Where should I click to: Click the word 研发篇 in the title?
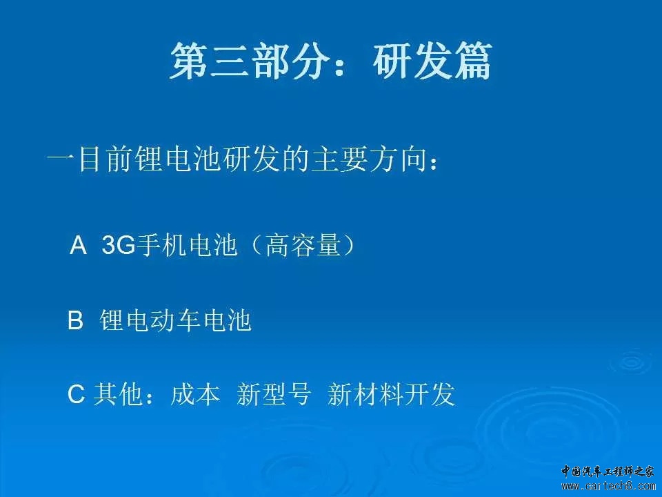coord(432,61)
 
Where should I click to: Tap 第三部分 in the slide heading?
coord(250,61)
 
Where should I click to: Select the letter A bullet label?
coord(78,244)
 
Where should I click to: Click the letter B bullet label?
coord(75,320)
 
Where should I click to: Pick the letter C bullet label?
coord(76,394)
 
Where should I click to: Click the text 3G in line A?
coord(119,244)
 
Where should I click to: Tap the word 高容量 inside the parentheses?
coord(303,244)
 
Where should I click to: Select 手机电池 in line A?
coord(186,244)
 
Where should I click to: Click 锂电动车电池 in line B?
coord(176,320)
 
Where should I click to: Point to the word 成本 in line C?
coord(195,394)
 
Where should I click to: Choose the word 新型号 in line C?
coord(274,394)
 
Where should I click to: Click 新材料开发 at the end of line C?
coord(391,394)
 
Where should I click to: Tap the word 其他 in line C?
coord(118,394)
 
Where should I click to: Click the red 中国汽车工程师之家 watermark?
coord(608,471)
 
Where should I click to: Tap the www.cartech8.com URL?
coord(608,485)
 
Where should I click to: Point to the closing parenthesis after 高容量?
coord(349,244)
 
